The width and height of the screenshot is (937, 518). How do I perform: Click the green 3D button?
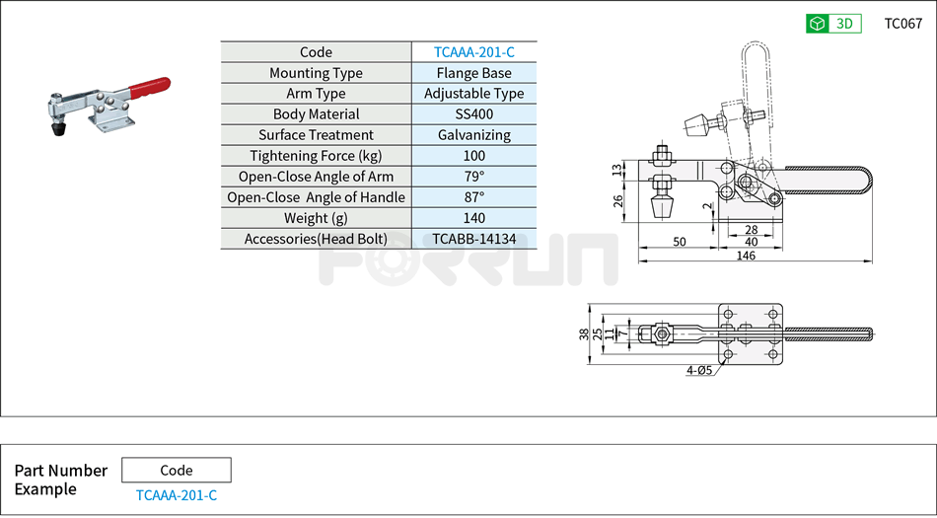click(833, 24)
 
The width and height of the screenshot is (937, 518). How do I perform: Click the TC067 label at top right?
click(902, 24)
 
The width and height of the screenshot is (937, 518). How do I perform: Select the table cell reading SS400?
click(473, 114)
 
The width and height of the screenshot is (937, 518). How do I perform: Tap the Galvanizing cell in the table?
click(473, 135)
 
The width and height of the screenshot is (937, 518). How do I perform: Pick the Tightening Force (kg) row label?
click(316, 156)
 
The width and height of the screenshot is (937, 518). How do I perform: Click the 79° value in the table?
click(473, 177)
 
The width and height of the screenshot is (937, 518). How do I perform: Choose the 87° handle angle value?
click(473, 197)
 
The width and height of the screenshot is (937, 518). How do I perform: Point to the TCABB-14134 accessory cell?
click(473, 239)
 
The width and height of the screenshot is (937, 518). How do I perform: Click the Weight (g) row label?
click(316, 218)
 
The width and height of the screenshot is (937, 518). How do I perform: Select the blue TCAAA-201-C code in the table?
click(473, 52)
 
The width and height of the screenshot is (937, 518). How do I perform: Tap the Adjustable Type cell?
click(473, 94)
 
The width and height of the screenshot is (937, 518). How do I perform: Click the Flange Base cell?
click(473, 73)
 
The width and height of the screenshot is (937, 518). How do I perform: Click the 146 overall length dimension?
click(746, 256)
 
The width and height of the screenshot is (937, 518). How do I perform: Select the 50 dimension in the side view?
click(680, 242)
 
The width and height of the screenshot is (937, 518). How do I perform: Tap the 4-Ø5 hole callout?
click(698, 371)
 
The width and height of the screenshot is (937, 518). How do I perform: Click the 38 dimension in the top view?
click(584, 333)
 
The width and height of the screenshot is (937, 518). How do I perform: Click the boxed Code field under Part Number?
click(176, 470)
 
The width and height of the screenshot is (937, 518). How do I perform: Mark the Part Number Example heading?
click(60, 480)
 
